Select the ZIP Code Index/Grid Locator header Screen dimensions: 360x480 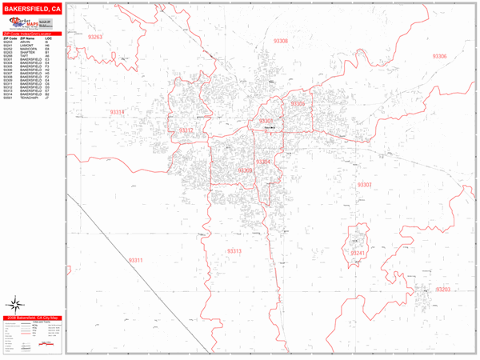[x=32, y=34]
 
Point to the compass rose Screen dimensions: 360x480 [x=14, y=305]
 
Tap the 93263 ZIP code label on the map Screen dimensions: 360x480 [x=97, y=38]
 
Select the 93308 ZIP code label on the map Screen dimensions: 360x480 [x=280, y=41]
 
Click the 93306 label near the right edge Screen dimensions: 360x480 [x=439, y=56]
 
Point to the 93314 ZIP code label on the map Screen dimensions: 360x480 [x=118, y=113]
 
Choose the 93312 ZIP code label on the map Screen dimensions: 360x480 [x=186, y=130]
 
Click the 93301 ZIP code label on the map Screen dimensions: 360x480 [x=267, y=121]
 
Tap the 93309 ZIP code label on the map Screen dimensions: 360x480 [x=245, y=170]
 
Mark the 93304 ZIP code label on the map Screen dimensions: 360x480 [x=264, y=162]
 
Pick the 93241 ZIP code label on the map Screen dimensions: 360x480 [x=358, y=253]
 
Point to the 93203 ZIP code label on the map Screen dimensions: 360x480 [x=443, y=289]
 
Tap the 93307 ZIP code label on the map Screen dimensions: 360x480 [x=365, y=185]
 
